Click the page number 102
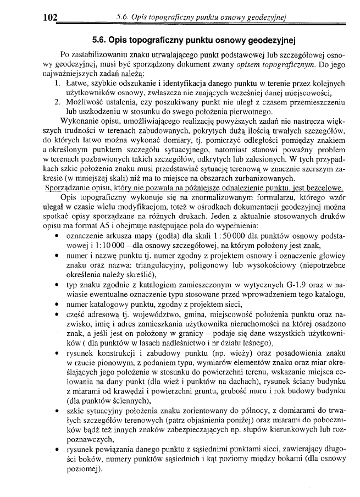(50, 18)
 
